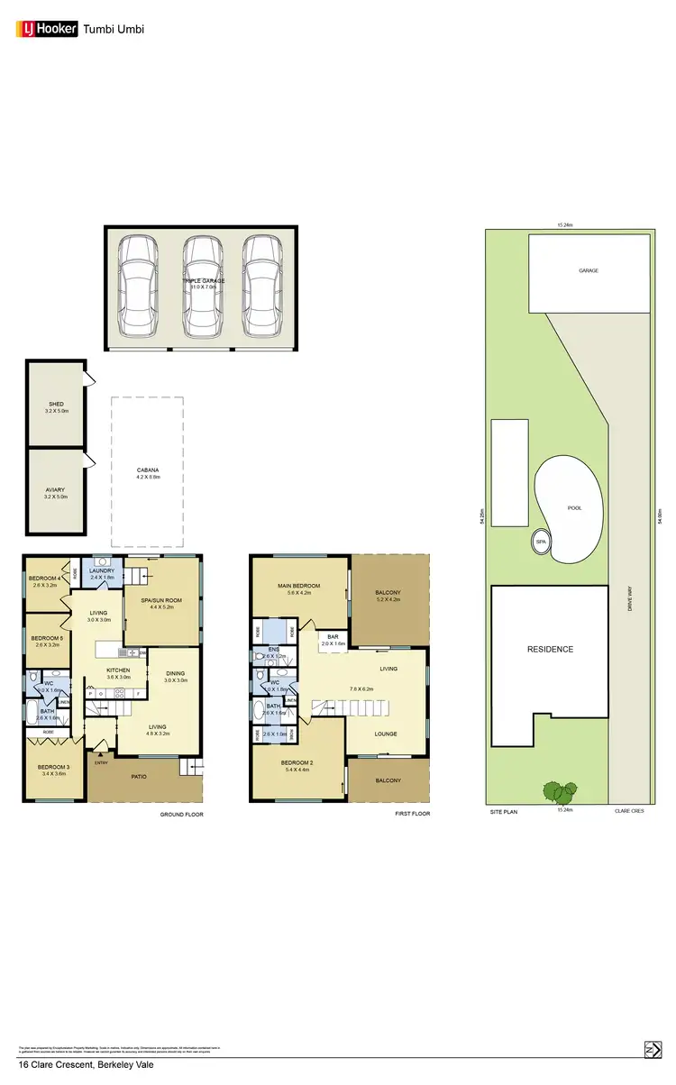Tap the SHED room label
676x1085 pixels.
(x=56, y=407)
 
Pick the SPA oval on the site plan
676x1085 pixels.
(x=541, y=542)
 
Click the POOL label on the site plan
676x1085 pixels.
(x=574, y=508)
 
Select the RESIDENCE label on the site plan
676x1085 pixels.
(x=550, y=649)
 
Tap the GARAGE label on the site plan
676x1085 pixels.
(x=589, y=270)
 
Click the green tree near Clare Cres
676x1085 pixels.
(x=559, y=792)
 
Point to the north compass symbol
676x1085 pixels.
(x=651, y=1049)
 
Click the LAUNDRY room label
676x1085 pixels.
(x=99, y=570)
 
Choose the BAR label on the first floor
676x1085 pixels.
(x=333, y=639)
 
